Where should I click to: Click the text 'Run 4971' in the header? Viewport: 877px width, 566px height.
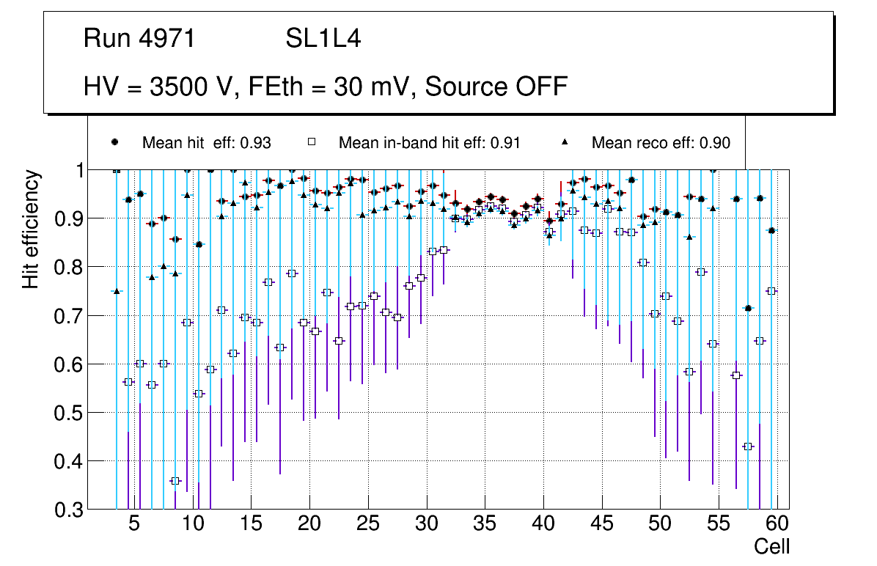(x=139, y=39)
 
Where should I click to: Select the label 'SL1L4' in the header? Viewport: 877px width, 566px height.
(x=323, y=39)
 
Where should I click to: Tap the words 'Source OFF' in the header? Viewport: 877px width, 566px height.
(x=496, y=87)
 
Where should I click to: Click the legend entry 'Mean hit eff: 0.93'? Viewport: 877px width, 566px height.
(x=206, y=142)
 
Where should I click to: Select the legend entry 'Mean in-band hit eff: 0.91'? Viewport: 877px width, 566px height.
(x=429, y=142)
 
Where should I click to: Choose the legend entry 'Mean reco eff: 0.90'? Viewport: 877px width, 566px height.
(x=661, y=142)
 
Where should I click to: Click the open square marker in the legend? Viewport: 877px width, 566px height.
(x=312, y=141)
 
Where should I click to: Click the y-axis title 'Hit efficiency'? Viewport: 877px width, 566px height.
(x=31, y=229)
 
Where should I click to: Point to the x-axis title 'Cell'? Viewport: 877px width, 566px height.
(x=772, y=546)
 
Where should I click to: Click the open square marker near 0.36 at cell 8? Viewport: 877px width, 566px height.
(x=175, y=481)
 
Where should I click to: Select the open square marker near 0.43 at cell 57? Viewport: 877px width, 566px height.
(x=748, y=446)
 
